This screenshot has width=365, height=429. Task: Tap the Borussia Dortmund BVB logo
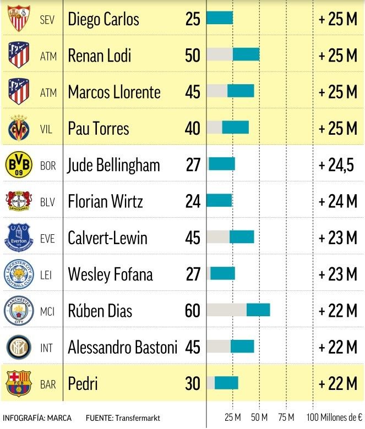[19, 164]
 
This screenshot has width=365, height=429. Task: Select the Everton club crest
[19, 238]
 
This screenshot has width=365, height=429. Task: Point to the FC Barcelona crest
[19, 383]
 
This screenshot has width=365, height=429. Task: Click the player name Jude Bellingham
[114, 165]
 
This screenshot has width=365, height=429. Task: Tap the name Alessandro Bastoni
[123, 347]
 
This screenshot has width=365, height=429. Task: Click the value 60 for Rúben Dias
[193, 311]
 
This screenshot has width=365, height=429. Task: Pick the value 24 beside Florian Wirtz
[193, 201]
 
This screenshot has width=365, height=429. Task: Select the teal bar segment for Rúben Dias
[258, 310]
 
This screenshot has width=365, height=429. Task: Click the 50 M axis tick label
[259, 416]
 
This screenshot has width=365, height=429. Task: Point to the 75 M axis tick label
[286, 416]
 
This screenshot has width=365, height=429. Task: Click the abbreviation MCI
[48, 311]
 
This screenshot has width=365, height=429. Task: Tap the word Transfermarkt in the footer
[138, 417]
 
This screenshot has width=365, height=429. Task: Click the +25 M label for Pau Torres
[338, 129]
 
